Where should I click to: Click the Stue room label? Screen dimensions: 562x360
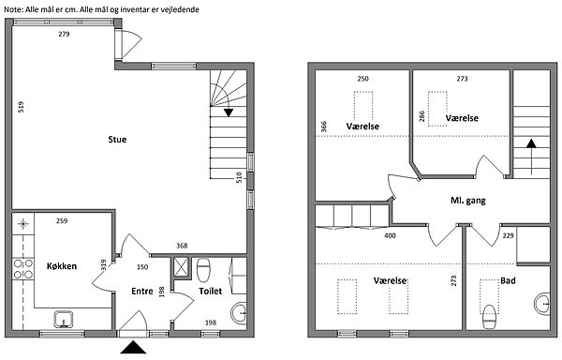point(117,139)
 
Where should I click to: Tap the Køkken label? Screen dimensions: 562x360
point(62,266)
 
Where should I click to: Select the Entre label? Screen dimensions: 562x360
point(142,292)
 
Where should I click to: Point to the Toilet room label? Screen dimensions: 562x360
point(211,292)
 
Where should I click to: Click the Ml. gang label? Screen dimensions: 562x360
point(467,201)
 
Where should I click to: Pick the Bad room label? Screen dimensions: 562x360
point(508,280)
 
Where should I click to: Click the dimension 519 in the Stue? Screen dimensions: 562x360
point(21,107)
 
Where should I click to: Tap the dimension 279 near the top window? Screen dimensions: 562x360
point(64,34)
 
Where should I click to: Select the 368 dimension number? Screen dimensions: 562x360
point(182,246)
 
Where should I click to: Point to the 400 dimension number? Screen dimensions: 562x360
point(390,235)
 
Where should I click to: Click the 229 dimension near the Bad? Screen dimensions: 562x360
point(509,235)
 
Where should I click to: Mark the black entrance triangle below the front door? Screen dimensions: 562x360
point(133,347)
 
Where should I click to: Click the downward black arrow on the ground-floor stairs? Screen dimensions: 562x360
point(229,112)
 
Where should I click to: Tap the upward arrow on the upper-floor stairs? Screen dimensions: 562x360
point(531,157)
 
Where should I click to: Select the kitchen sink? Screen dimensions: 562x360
point(64,319)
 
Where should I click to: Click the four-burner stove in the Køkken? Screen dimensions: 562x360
point(22,269)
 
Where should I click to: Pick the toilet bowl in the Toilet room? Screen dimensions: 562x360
point(203,270)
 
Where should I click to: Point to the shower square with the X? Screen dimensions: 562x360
point(182,266)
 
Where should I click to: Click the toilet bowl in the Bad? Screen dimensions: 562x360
point(489,317)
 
